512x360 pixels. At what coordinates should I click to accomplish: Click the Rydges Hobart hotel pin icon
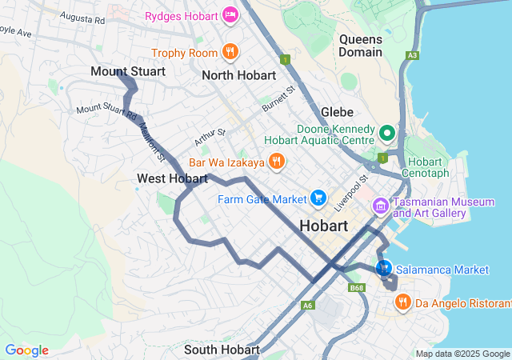230,14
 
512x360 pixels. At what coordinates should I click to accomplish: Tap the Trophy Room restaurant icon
230,53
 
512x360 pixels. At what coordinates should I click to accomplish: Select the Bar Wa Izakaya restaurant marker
276,162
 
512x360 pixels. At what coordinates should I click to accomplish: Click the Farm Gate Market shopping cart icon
318,198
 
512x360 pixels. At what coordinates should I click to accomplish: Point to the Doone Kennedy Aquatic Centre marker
387,133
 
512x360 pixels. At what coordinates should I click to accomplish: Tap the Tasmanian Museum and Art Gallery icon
380,207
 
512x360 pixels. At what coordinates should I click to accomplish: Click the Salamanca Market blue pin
383,267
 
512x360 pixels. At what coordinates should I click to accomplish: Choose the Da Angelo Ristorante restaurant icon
402,302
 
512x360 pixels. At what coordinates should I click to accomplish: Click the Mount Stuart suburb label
128,72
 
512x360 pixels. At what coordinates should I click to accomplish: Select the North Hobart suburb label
239,75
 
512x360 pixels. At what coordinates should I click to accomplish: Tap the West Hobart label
172,178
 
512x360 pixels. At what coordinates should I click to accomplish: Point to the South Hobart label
222,350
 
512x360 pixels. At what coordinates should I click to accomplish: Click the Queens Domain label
360,46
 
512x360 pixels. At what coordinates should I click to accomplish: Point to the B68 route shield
356,287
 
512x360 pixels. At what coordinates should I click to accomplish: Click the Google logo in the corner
26,350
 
